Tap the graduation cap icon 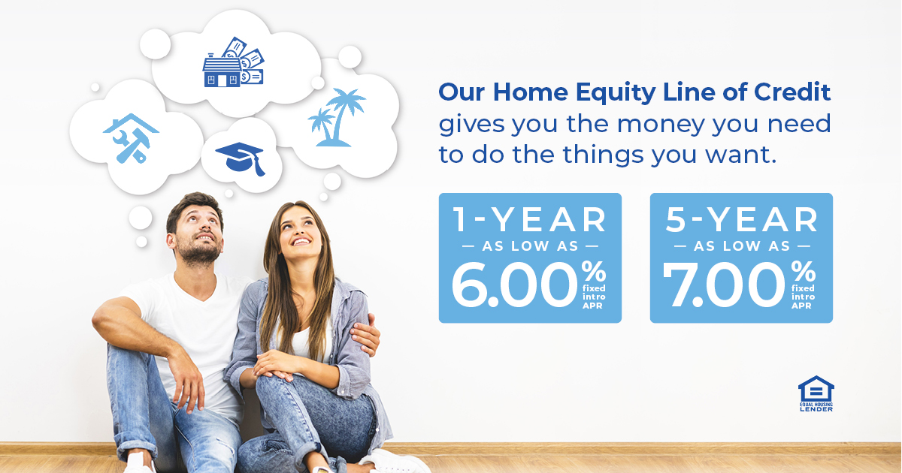(x=241, y=155)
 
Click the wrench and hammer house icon (x=130, y=137)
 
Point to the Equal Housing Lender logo (x=816, y=393)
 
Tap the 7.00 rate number (x=725, y=285)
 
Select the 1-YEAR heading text (x=530, y=219)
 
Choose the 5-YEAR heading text (x=741, y=219)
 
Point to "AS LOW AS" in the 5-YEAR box (x=741, y=246)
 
